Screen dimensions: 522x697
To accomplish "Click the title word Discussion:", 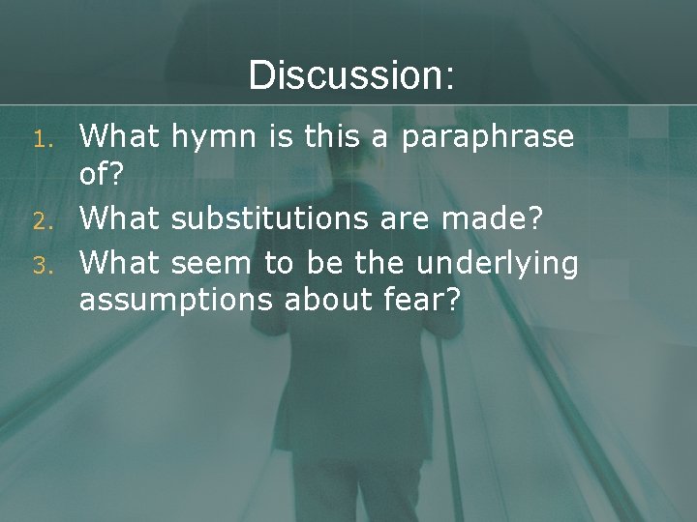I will point(350,75).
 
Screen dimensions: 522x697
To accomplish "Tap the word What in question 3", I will point(119,264).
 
